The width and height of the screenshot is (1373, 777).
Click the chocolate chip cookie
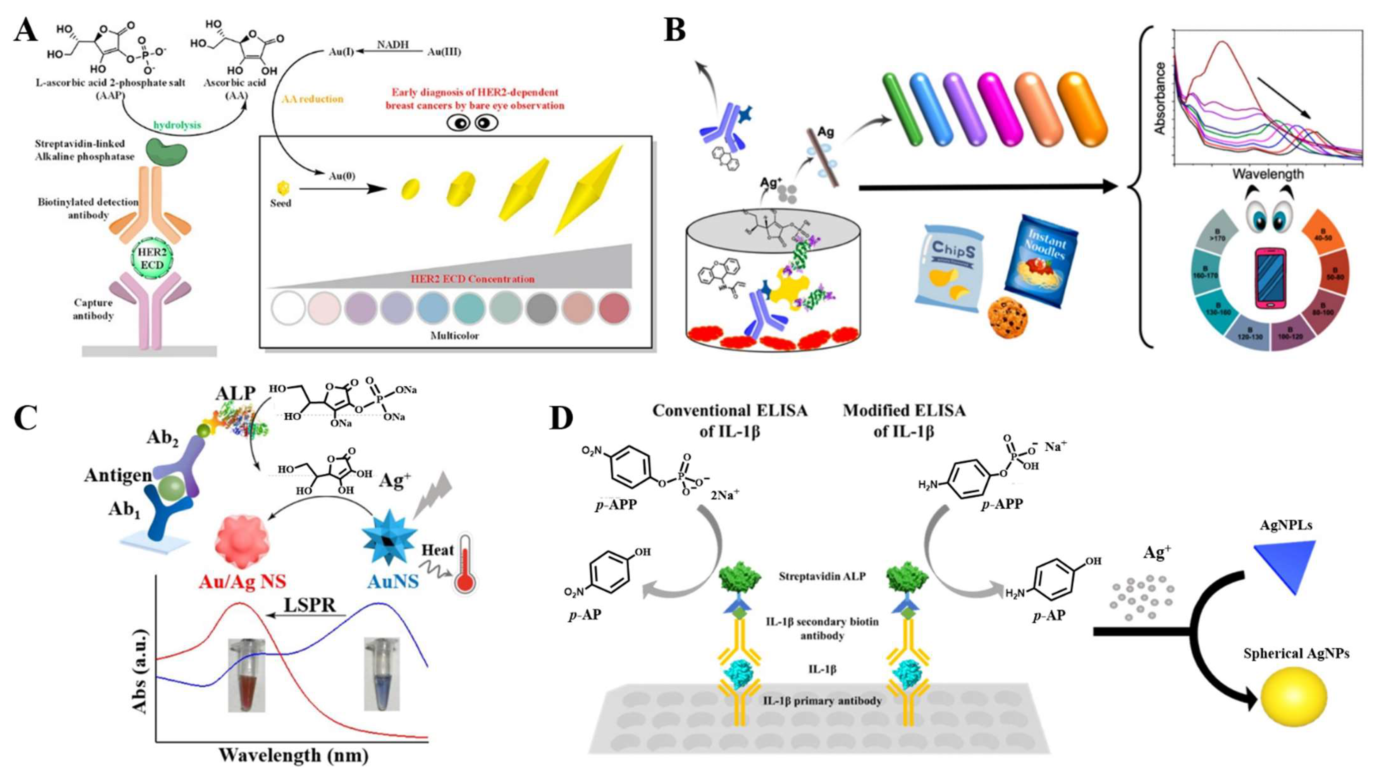1008,319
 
